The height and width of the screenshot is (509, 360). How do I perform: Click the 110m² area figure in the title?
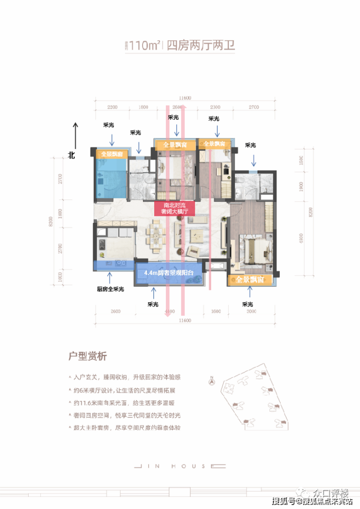tap(144, 47)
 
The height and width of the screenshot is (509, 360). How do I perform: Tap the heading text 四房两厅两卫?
tap(200, 47)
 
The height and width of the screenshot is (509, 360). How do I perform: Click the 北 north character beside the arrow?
tap(72, 155)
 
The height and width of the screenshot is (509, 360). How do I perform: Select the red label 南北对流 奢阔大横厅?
tap(175, 208)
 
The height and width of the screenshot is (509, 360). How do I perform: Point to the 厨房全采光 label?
tap(110, 289)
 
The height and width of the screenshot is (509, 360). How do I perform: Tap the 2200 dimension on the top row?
tap(112, 107)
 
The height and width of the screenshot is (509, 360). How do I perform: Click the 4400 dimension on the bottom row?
tap(169, 311)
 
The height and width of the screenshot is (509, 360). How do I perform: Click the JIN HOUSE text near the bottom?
tap(180, 466)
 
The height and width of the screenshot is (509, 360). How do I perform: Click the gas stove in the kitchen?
tap(103, 244)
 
